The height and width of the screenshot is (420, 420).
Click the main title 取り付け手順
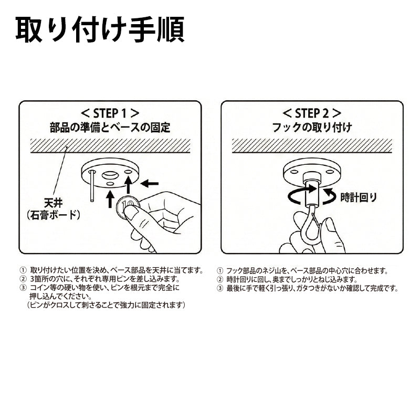(x=100, y=29)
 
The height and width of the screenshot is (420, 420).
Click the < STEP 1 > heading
(x=110, y=113)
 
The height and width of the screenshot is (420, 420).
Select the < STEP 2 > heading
(x=312, y=113)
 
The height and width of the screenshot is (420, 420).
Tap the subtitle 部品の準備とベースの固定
(x=110, y=127)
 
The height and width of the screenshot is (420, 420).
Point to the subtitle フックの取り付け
(x=312, y=127)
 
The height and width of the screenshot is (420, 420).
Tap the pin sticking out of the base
(x=92, y=186)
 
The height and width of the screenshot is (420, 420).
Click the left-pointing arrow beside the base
(x=150, y=184)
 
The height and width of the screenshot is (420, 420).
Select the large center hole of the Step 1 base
(x=110, y=175)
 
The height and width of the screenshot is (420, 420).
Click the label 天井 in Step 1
(x=54, y=203)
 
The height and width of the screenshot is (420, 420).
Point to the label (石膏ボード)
(x=54, y=215)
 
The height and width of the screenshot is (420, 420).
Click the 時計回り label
(x=359, y=198)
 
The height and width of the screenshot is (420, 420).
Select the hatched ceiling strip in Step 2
(x=312, y=145)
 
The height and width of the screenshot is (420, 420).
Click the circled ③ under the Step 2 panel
(x=219, y=288)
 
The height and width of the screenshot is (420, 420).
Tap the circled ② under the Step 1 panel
(x=23, y=279)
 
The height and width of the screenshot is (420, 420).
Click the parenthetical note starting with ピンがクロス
(x=106, y=305)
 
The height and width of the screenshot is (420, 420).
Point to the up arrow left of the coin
(x=110, y=199)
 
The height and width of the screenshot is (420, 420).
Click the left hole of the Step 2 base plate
(x=293, y=172)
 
